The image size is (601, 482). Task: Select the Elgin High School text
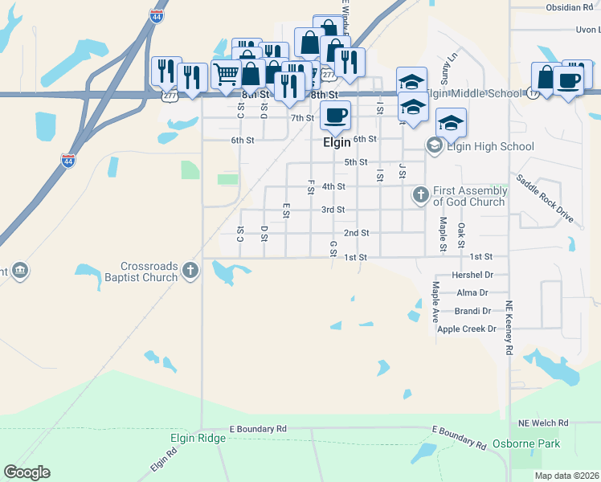pyautogui.click(x=489, y=146)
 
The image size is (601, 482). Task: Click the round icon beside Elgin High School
pyautogui.click(x=434, y=145)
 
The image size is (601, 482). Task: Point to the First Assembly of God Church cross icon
pyautogui.click(x=419, y=194)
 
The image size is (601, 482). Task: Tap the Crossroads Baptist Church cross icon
pyautogui.click(x=190, y=270)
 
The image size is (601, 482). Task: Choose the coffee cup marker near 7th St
pyautogui.click(x=335, y=113)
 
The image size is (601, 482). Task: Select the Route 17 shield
pyautogui.click(x=533, y=94)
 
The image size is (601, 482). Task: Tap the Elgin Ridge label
pyautogui.click(x=197, y=439)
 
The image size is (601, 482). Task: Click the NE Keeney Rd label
pyautogui.click(x=509, y=329)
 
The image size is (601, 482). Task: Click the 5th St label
pyautogui.click(x=356, y=162)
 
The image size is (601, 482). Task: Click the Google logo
pyautogui.click(x=27, y=472)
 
